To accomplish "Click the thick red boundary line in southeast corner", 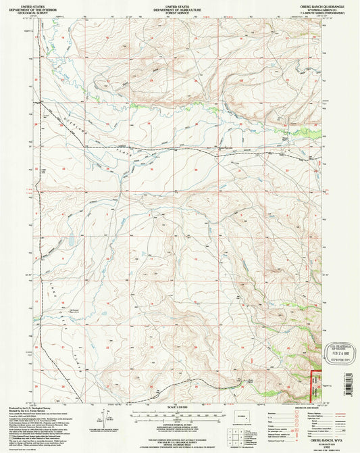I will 311,385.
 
